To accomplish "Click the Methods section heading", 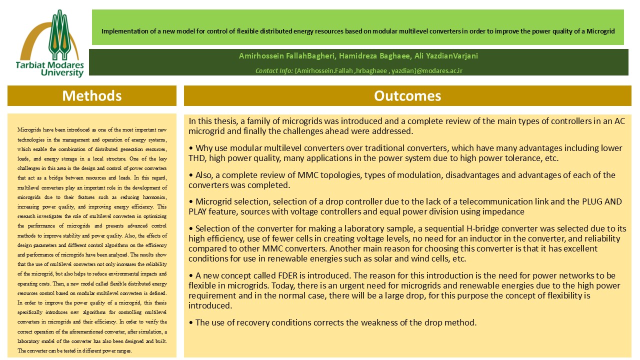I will coord(92,95).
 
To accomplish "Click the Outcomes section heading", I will coord(407,95).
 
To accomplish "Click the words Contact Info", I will coord(274,71).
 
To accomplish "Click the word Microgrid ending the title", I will coord(601,30).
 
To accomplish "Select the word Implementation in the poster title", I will coord(120,30).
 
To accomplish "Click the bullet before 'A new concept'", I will coord(191,275).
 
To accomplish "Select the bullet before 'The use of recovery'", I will coord(191,322).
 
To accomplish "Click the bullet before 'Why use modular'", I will coord(191,148).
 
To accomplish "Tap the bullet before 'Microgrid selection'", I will coord(191,201).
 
